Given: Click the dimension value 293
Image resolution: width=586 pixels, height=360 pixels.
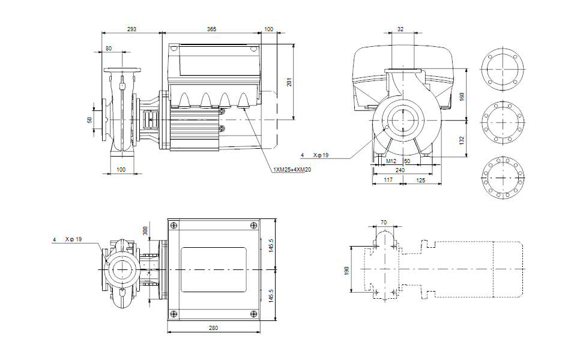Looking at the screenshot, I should click(131, 29).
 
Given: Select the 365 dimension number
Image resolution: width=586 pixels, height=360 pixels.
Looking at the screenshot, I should click(211, 29).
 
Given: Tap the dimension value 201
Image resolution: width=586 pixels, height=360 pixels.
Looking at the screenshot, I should click(289, 82).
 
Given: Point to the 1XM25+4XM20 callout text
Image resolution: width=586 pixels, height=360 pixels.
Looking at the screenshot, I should click(292, 170).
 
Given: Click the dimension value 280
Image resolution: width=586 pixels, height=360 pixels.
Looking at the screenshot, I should click(214, 328).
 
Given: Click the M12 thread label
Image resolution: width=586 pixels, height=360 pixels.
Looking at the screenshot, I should click(391, 162).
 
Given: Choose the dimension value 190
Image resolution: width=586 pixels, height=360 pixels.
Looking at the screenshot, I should click(346, 271).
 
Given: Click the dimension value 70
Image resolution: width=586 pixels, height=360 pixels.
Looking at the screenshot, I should click(384, 223).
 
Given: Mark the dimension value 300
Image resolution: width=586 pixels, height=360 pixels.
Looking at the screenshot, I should click(144, 230).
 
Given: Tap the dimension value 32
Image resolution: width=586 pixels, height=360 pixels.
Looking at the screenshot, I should click(401, 29).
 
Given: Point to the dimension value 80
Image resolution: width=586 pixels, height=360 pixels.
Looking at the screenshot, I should click(109, 48).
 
